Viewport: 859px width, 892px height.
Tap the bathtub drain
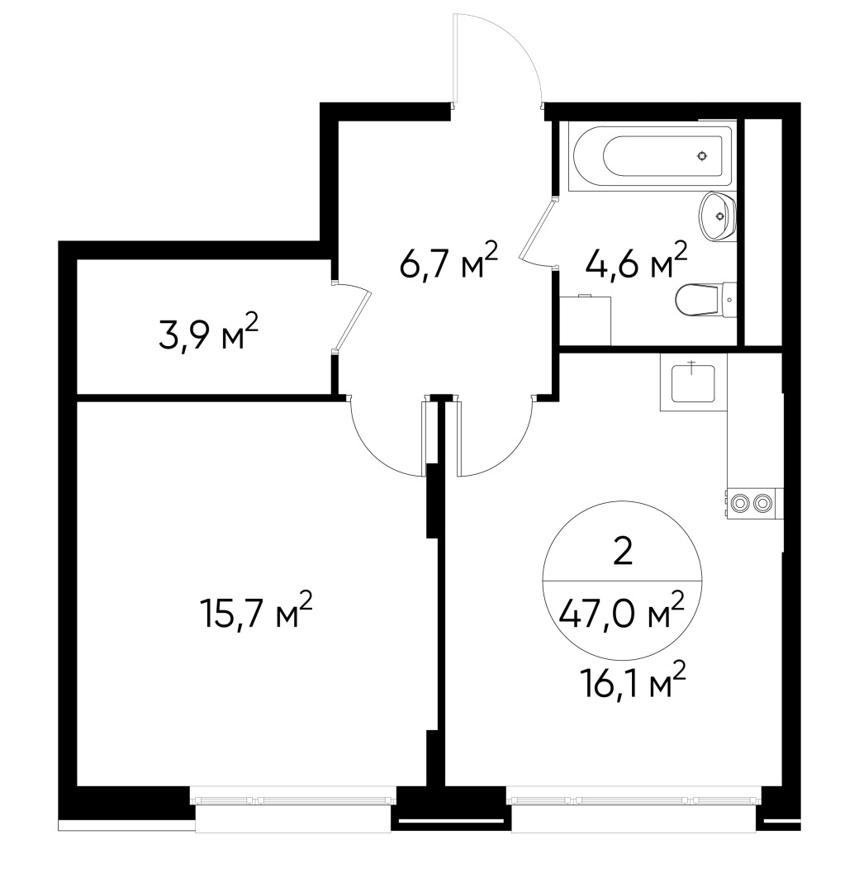coord(701,155)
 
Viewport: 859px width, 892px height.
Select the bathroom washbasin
coord(715,216)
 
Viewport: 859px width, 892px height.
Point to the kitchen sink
coord(691,382)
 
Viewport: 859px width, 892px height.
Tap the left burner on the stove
coord(740,501)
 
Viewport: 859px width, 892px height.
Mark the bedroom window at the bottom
coord(293,799)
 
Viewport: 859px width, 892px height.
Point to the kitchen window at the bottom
coord(634,799)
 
